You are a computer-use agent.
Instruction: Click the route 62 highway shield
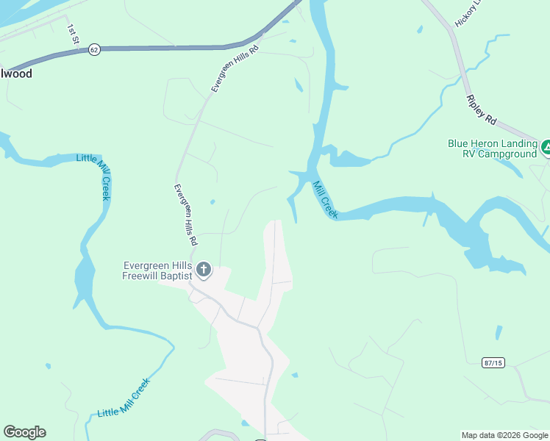coord(93,49)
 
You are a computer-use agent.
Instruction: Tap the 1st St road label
coord(73,34)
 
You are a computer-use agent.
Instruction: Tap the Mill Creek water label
coord(324,200)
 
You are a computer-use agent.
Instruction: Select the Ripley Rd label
coord(482,110)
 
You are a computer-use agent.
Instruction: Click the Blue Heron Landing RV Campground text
coord(492,148)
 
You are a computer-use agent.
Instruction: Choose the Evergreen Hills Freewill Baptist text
coord(157,270)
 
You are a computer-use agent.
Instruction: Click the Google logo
coord(24,432)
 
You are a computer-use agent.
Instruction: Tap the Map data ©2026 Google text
coord(505,435)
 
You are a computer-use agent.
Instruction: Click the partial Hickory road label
coord(464,14)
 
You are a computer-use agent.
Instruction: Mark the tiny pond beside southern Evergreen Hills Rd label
coord(213,202)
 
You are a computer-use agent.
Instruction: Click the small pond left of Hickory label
coord(419,30)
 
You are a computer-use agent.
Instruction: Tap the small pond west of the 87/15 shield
coord(499,332)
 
